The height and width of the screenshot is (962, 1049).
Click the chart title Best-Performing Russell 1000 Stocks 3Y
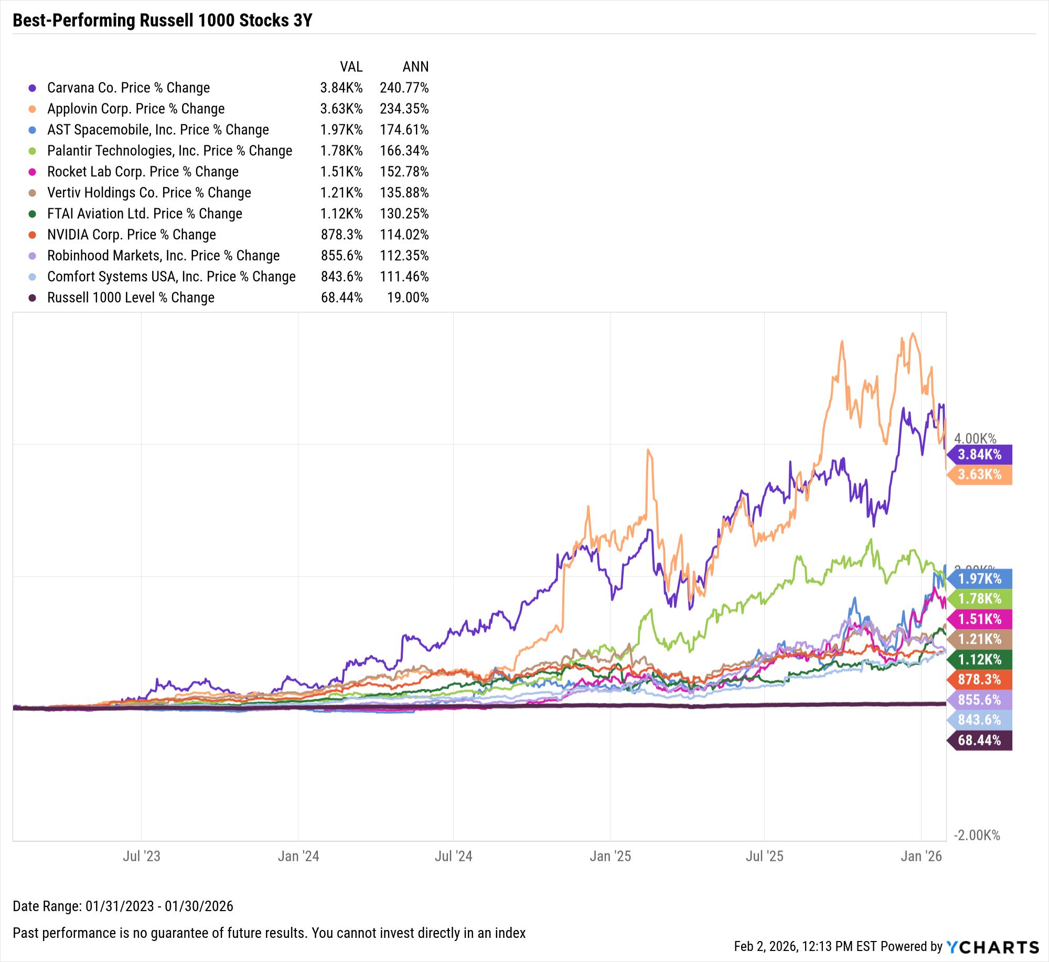162,20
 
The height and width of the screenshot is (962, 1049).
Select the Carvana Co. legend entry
128,88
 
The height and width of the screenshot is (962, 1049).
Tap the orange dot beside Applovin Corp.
33,109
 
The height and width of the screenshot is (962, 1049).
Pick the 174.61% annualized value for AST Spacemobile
404,130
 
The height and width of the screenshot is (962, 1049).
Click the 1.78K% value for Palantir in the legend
341,151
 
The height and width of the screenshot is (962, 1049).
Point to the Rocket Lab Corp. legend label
143,172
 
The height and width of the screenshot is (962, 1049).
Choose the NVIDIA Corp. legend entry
131,234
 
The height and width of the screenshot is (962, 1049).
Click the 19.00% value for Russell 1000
408,297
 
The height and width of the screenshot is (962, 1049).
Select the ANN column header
415,67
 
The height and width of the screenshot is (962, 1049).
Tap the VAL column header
351,67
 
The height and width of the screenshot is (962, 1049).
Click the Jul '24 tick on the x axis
453,856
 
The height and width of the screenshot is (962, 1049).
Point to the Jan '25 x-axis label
610,856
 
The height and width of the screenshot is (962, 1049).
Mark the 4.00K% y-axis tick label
975,439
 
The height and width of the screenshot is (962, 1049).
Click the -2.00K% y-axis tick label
977,835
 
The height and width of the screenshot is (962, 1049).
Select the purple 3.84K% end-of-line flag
980,454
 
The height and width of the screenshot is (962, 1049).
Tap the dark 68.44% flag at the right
980,740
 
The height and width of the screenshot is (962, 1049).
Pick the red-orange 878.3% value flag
980,679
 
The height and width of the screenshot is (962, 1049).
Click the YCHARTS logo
992,947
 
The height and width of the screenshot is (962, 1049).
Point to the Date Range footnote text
123,906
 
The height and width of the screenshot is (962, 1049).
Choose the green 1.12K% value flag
980,659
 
